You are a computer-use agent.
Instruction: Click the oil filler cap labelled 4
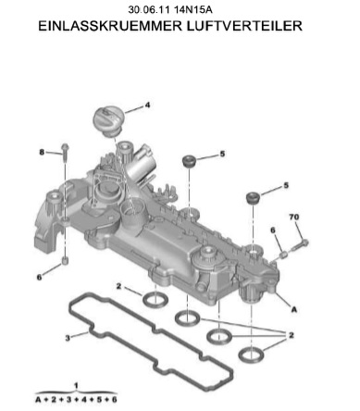click(108, 120)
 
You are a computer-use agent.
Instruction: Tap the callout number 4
click(147, 106)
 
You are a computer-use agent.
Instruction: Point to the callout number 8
click(42, 152)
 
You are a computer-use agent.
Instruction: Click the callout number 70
click(294, 217)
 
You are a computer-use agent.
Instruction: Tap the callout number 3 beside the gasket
click(68, 338)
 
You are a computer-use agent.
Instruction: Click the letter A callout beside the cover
click(294, 309)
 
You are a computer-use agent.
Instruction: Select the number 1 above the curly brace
click(76, 385)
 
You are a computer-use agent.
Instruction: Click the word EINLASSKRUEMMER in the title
click(110, 26)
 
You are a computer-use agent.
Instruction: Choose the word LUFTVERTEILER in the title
click(244, 26)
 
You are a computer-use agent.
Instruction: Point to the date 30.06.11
click(149, 9)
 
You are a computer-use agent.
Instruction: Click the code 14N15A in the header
click(193, 9)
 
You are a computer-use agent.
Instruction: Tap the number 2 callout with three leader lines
click(292, 335)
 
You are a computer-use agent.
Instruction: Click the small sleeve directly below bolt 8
click(65, 260)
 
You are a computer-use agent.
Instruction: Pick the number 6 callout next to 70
click(273, 230)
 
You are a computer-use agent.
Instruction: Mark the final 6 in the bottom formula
click(114, 400)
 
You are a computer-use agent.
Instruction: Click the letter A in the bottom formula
click(39, 400)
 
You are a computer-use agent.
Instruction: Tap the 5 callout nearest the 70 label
click(286, 185)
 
